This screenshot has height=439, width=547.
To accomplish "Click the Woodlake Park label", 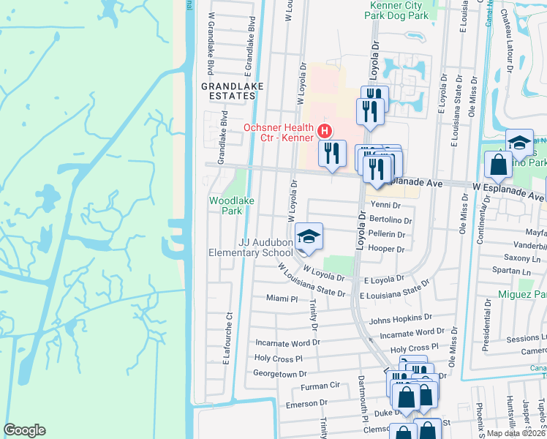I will [225, 205].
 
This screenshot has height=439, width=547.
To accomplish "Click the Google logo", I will [25, 430].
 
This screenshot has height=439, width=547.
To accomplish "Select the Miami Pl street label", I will [282, 299].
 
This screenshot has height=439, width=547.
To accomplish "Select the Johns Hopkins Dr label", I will [396, 319].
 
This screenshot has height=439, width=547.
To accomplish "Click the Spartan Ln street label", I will [520, 271].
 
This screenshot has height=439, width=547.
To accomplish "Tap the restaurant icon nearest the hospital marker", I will [332, 154].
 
